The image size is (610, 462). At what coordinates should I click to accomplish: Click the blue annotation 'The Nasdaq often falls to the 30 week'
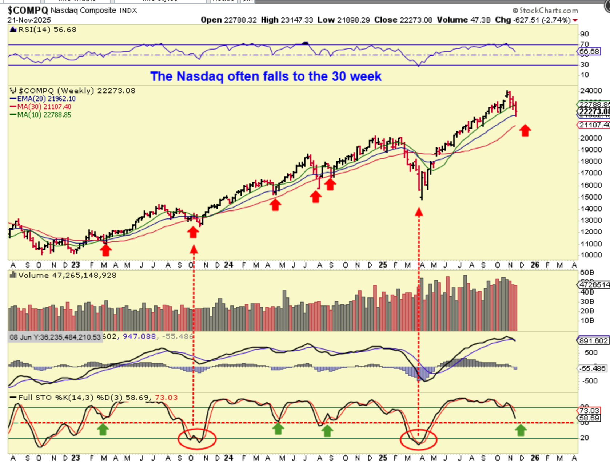click(266, 76)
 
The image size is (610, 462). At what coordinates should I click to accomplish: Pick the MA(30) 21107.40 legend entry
click(44, 107)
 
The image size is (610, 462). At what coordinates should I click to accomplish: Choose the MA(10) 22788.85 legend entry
click(44, 115)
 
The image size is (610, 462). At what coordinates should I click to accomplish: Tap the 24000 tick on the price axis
click(591, 91)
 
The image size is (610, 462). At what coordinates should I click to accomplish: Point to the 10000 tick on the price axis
click(591, 255)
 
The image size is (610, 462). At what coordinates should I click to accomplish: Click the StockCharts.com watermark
click(545, 11)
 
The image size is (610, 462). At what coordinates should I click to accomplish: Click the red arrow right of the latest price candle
click(525, 130)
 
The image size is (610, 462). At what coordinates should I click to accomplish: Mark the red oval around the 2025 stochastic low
click(418, 439)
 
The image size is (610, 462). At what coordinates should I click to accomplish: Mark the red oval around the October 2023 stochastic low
click(197, 438)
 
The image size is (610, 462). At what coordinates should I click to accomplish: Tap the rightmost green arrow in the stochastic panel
click(521, 430)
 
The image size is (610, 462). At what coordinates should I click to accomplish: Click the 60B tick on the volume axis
click(587, 273)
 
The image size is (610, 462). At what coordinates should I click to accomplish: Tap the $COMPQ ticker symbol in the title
click(28, 10)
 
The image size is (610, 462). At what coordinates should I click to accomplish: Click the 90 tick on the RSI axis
click(584, 34)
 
